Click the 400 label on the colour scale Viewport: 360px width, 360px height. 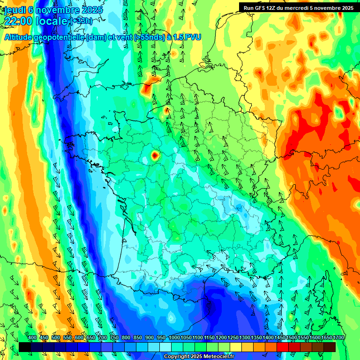tap(32, 337)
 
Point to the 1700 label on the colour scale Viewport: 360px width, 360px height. tap(338, 337)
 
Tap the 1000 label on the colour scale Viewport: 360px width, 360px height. tap(174, 337)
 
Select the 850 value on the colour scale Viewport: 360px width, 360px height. tap(138, 337)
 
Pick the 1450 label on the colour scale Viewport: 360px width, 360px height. tap(280, 337)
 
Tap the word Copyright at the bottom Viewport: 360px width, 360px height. tap(176, 357)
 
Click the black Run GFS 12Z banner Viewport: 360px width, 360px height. tap(299, 7)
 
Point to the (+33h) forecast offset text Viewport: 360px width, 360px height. tap(81, 21)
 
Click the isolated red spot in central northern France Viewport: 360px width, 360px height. tap(155, 155)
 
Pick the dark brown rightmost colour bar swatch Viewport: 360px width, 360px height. tap(330, 347)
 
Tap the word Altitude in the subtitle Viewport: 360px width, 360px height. tap(19, 37)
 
